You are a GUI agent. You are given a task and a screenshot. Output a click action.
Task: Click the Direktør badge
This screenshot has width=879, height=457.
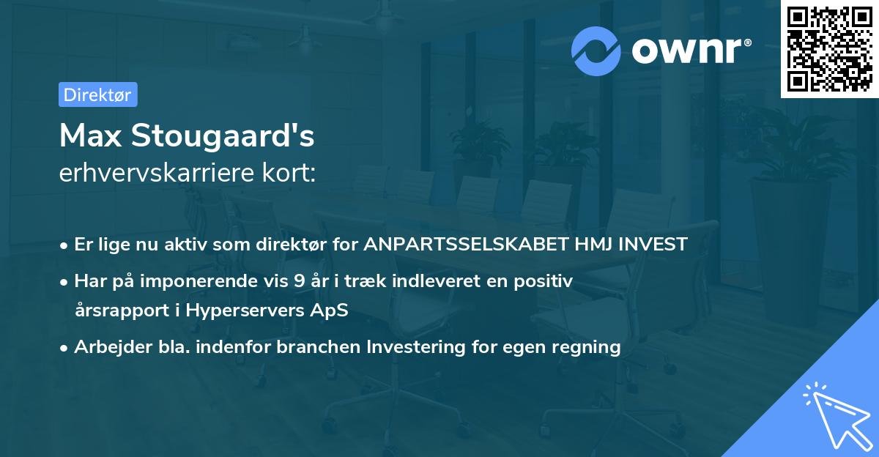(97, 94)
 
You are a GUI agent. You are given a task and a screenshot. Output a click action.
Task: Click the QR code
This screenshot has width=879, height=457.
(830, 49)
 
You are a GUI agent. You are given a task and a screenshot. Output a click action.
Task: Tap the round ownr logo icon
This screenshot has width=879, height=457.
(596, 51)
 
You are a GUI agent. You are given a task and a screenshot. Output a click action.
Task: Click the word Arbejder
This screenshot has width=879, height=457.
(107, 346)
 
